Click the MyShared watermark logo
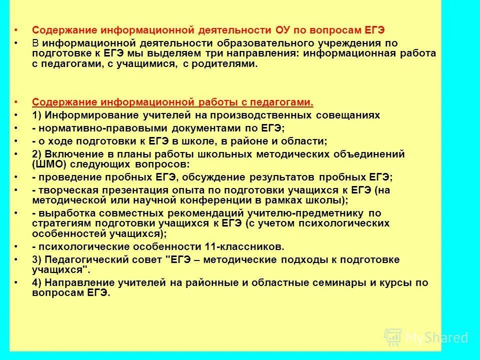pyautogui.click(x=426, y=337)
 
